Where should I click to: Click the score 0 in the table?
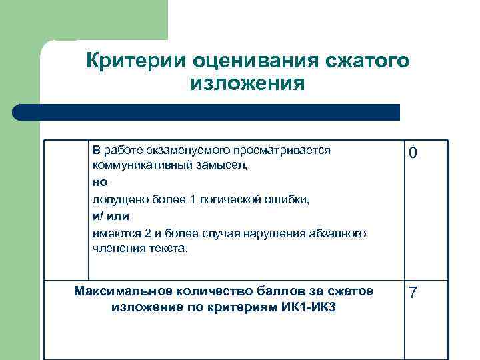pos(413,153)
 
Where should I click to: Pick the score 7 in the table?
pos(413,293)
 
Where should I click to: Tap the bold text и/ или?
pos(111,215)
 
